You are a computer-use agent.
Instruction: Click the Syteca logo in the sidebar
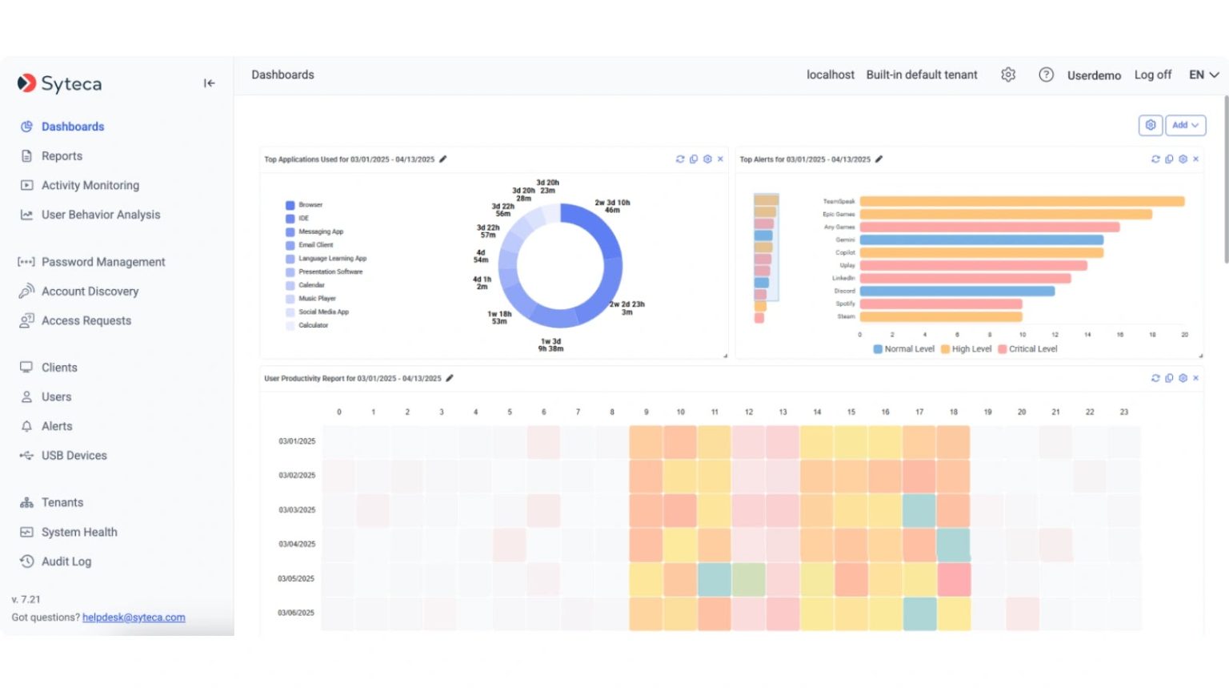59,83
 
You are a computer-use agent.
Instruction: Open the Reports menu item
62,156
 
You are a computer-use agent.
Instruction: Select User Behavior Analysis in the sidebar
100,215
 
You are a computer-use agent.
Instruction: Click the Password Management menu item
102,262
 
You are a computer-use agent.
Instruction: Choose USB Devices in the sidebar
74,456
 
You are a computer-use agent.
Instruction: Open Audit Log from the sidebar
66,561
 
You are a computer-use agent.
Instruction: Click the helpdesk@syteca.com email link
134,618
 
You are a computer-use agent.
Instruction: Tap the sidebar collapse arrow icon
209,83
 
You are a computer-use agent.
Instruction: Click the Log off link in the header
1152,74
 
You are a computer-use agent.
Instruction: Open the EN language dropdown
1203,74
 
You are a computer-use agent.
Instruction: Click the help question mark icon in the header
1046,74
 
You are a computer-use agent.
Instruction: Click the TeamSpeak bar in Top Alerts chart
1021,202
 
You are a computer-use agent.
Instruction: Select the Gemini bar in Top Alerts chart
981,239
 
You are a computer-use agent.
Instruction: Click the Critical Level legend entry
1028,349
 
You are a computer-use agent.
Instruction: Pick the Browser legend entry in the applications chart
310,205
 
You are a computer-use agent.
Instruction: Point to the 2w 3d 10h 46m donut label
612,206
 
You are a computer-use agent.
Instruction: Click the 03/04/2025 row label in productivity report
296,545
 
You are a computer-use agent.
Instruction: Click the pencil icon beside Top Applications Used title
443,159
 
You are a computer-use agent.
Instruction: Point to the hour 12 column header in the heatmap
748,412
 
